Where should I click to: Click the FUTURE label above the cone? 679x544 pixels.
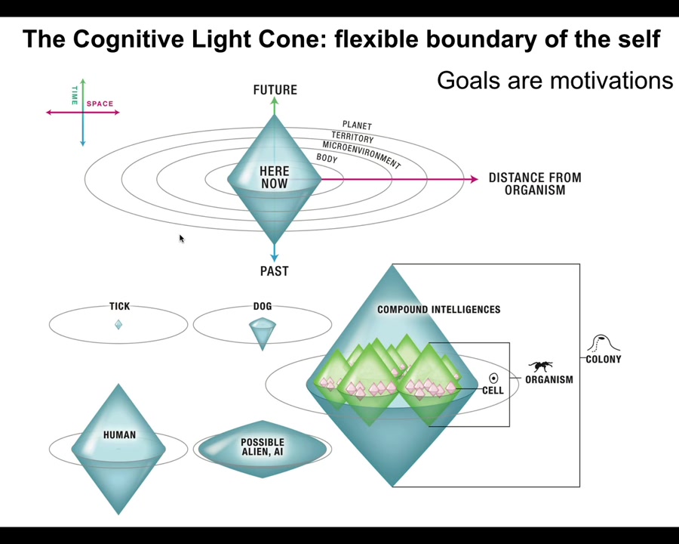coord(275,90)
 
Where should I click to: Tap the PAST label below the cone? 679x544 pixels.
coord(274,271)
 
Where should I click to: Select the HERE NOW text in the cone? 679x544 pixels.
coord(274,178)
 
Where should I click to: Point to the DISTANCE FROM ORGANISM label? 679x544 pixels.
coord(535,184)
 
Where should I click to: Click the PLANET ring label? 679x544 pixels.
coord(357,125)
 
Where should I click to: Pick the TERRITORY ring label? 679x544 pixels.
coord(352,138)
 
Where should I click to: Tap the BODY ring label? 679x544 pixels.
coord(327,159)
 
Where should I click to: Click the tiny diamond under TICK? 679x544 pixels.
coord(118,324)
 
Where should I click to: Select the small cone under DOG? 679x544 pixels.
coord(262,330)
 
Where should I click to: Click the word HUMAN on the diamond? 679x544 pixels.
coord(119,435)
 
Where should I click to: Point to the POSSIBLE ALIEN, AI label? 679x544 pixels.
coord(263,447)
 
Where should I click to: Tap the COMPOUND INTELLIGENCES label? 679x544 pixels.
coord(438,310)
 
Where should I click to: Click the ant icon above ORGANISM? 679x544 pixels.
coord(540,366)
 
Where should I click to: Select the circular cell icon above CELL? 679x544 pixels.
coord(493,378)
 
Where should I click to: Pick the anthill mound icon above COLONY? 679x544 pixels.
coord(602,343)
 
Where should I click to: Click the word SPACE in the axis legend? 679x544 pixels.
coord(100,104)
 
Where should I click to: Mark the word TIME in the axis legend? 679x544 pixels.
coord(75,95)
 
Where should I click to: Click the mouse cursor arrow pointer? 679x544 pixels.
coord(181,239)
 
